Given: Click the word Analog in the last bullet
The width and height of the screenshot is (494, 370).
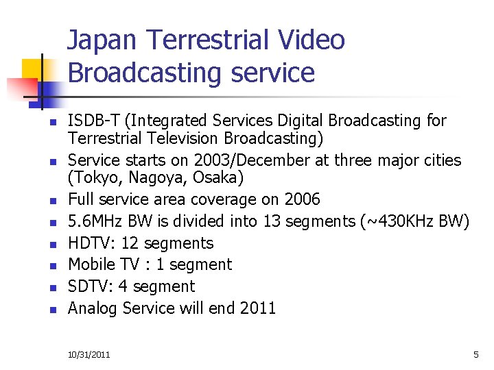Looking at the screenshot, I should point(93,308).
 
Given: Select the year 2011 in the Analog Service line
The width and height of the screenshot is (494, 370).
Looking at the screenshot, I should point(258,308).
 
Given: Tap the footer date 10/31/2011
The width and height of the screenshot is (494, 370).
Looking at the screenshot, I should point(89,355).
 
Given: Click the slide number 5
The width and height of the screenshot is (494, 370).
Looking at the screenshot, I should point(475,355).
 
